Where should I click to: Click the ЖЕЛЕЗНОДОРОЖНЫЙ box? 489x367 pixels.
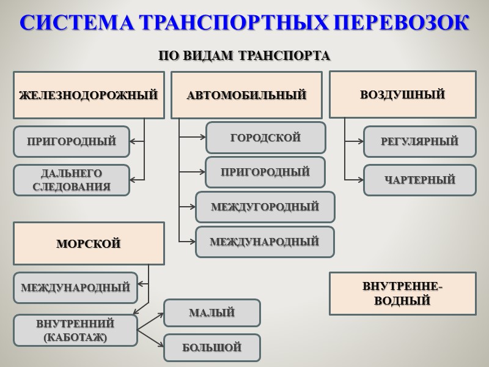(89, 95)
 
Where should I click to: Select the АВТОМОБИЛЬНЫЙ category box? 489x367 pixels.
(246, 95)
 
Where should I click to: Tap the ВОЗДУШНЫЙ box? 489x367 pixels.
(402, 94)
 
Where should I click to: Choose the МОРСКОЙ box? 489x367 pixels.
(89, 243)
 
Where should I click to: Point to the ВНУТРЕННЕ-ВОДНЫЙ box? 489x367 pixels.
(402, 294)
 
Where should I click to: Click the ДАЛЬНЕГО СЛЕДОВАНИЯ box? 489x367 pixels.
(72, 180)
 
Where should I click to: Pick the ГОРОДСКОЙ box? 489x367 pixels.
(265, 138)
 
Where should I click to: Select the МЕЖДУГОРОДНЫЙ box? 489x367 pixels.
(265, 207)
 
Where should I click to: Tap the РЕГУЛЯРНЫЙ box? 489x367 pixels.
(419, 141)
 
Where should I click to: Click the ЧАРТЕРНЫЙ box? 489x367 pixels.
(419, 180)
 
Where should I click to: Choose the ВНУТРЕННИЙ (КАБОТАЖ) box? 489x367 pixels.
(75, 330)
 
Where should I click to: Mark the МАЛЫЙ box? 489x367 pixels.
(211, 313)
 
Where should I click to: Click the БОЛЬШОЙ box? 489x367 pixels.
(211, 347)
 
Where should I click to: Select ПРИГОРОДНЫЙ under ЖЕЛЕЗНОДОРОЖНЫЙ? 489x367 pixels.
(72, 141)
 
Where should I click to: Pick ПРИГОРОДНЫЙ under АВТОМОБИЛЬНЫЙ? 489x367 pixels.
(265, 172)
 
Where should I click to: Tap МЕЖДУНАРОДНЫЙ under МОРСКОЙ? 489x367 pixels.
(75, 287)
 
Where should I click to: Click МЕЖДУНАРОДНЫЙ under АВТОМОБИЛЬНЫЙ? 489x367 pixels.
(265, 242)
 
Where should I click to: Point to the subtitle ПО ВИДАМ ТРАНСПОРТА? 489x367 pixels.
(244, 56)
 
